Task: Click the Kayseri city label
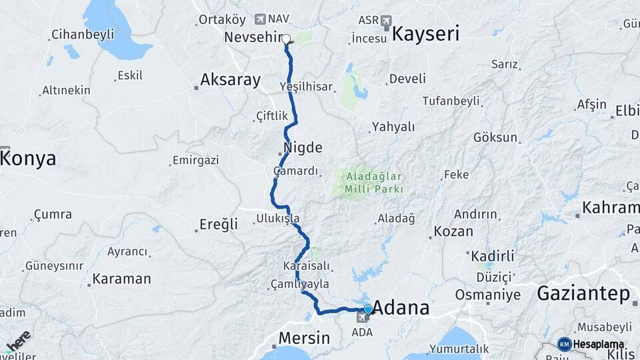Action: click(425, 35)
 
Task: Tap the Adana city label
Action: click(401, 309)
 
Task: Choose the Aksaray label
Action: click(231, 81)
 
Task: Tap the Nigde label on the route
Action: click(303, 147)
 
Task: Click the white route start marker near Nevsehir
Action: click(286, 39)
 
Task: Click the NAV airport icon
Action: click(260, 19)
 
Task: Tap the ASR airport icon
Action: click(385, 21)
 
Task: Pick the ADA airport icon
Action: click(362, 317)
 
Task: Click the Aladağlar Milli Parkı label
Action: click(374, 183)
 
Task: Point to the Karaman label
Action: click(121, 279)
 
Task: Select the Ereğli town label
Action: click(219, 225)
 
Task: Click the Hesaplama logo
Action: click(592, 344)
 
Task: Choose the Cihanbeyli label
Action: click(83, 34)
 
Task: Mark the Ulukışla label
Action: click(277, 218)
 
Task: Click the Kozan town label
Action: click(453, 232)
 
